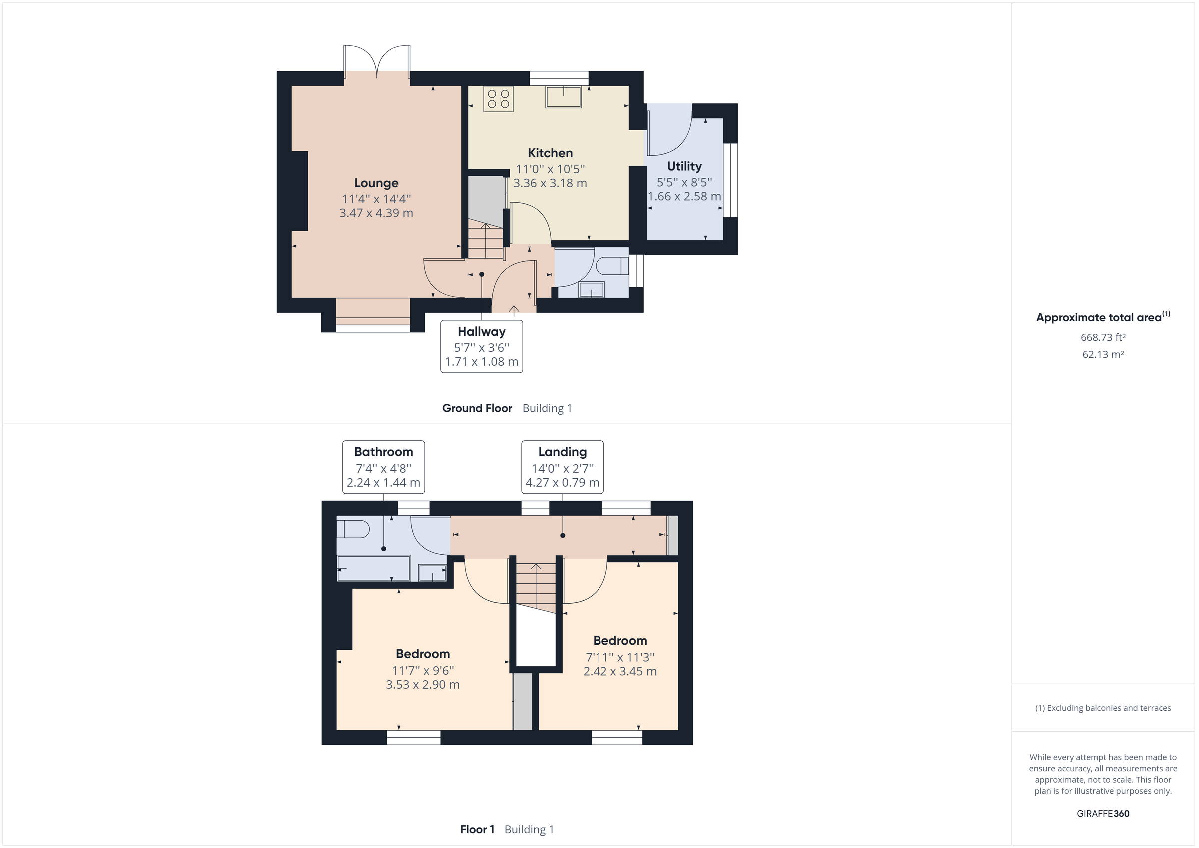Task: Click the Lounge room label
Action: point(376,183)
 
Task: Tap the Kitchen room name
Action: point(550,153)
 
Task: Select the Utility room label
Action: point(684,166)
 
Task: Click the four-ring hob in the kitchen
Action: point(498,99)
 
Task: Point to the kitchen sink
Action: point(563,97)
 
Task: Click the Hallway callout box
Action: point(481,346)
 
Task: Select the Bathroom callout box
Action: point(383,467)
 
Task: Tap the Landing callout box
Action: point(563,467)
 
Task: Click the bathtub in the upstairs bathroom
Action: point(373,569)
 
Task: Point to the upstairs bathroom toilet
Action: point(354,529)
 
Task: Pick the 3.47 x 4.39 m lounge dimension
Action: point(376,213)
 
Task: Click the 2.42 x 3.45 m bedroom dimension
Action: point(620,672)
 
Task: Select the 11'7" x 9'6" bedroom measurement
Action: point(423,671)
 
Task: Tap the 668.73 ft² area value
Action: point(1103,337)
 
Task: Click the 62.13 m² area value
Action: point(1103,354)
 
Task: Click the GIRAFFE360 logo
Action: point(1103,813)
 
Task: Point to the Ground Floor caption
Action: point(477,408)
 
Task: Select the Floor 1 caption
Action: point(477,829)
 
